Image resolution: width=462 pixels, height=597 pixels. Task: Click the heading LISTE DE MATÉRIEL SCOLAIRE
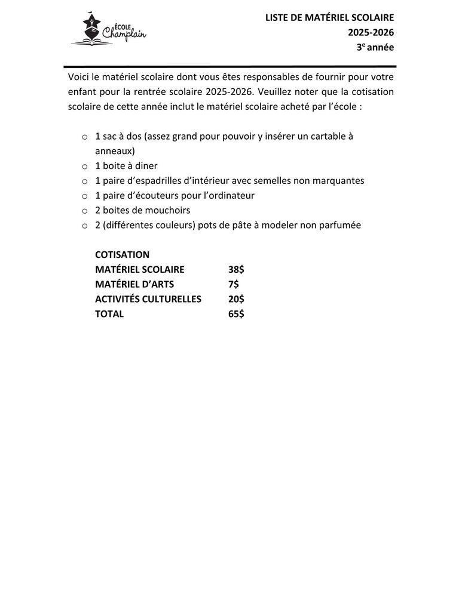click(x=330, y=19)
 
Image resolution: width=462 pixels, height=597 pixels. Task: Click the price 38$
click(x=236, y=269)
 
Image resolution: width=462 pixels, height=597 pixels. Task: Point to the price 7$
click(x=234, y=284)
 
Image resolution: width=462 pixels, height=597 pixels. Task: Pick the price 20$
click(x=236, y=299)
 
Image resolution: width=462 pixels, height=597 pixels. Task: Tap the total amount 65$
click(x=236, y=314)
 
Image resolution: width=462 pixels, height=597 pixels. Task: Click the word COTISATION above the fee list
click(x=122, y=254)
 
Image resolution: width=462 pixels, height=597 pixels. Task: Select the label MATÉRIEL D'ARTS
click(x=134, y=284)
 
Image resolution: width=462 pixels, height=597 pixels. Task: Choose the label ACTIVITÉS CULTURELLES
click(x=148, y=299)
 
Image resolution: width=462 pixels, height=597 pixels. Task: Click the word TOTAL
click(x=109, y=314)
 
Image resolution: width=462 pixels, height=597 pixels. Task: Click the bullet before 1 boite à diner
click(x=84, y=167)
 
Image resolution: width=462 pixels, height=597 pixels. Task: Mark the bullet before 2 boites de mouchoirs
click(x=84, y=211)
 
